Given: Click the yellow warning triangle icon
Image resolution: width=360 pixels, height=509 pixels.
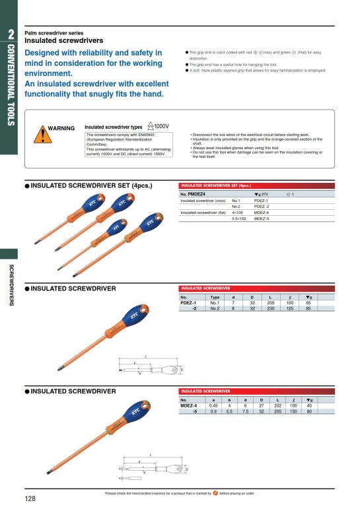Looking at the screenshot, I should coord(42,134).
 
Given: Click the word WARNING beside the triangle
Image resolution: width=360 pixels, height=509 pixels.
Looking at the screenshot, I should coord(62,128).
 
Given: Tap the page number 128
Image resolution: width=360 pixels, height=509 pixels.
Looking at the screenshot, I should coord(30,498).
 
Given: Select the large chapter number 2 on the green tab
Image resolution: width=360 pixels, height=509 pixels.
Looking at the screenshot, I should coord(11,34).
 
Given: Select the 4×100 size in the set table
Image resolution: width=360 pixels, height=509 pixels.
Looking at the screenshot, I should coord(239,213).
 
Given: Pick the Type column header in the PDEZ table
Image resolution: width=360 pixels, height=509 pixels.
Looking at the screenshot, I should coord(215,297).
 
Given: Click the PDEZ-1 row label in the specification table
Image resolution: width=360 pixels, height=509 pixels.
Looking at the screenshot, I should coord(188,302).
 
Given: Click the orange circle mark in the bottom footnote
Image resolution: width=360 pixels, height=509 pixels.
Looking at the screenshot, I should coord(215,493).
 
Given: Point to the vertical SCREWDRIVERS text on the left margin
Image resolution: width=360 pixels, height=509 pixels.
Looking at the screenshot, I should coord(11,285).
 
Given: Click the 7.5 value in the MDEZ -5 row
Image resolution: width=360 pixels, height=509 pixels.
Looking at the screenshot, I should coord(245,411).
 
